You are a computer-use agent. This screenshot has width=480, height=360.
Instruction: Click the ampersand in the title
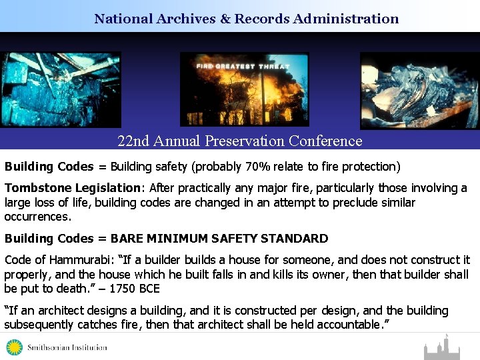click(x=223, y=19)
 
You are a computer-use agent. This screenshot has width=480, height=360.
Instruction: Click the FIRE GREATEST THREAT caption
click(x=243, y=65)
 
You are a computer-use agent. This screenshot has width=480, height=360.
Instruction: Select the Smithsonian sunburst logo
click(x=15, y=347)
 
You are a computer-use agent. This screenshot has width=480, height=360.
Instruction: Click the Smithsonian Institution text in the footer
click(x=66, y=347)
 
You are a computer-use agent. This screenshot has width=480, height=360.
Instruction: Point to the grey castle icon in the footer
click(x=441, y=348)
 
